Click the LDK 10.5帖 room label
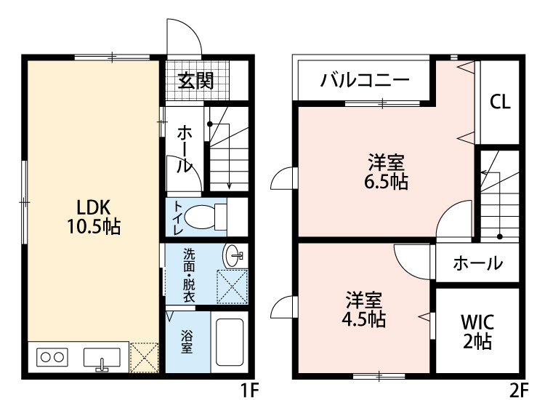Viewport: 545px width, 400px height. coord(94,217)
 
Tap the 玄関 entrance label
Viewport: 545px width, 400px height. coord(195,81)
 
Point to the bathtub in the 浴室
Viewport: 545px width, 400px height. coord(230,342)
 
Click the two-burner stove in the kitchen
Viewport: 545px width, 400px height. coord(52,357)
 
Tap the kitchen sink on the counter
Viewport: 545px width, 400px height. coord(102,359)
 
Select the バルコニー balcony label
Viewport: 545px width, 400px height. coord(365,80)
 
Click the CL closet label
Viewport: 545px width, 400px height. coord(500,102)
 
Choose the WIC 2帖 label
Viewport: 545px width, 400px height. coord(477,332)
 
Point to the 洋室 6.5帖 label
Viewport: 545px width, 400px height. coord(386,172)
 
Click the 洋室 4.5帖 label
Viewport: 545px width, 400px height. coord(364,310)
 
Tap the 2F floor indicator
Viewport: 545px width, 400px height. coord(519,391)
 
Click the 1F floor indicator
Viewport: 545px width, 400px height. coord(250,391)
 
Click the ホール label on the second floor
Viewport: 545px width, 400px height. coord(477,263)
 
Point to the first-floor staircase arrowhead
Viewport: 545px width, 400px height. coord(229,186)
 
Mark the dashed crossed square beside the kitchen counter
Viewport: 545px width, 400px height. coord(144,358)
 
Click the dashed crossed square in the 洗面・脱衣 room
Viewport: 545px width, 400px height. coord(233,287)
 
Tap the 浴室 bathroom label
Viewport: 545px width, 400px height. coord(187,342)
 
